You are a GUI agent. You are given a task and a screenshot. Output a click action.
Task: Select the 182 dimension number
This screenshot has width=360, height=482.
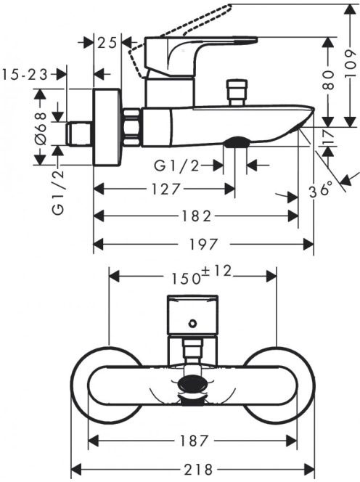(x=195, y=216)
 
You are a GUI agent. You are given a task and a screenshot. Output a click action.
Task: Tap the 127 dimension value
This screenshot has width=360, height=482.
(x=165, y=189)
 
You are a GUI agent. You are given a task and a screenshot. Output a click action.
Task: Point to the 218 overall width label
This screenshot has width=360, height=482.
(x=198, y=470)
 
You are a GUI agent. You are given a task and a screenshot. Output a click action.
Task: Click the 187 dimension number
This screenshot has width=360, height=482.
(x=195, y=441)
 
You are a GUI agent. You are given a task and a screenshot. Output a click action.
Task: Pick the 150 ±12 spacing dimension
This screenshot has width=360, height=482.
(x=200, y=275)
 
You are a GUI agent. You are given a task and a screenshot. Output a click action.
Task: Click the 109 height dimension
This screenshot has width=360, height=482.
(x=350, y=65)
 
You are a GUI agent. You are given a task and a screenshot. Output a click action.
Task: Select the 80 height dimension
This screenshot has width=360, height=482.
(x=328, y=80)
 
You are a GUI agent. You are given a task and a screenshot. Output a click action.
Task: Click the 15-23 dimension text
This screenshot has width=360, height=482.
(x=25, y=75)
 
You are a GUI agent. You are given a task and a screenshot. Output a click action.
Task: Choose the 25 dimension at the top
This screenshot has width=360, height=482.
(x=107, y=43)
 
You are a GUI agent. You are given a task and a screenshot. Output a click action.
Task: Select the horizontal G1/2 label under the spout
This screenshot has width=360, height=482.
(x=176, y=166)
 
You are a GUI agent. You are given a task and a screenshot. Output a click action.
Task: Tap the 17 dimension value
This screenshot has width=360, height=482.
(x=328, y=136)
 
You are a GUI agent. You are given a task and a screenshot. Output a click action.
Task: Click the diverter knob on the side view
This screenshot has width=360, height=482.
(x=237, y=92)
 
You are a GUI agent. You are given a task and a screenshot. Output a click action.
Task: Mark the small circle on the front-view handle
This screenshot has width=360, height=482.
(x=193, y=323)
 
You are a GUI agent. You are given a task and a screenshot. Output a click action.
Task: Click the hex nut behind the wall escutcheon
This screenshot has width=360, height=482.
(x=132, y=127)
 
